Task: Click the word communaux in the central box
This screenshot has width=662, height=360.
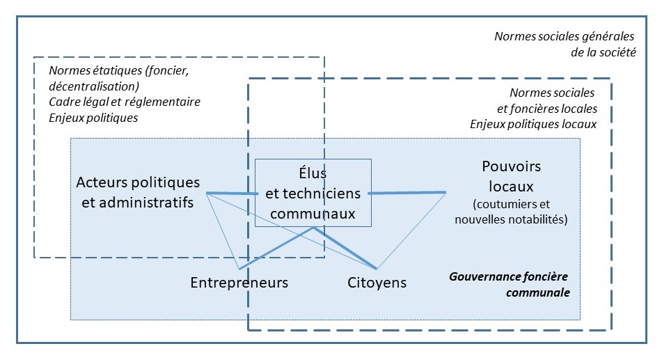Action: [313, 214]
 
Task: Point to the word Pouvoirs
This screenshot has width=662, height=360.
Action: [511, 167]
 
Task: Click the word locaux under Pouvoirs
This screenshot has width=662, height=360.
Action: [511, 187]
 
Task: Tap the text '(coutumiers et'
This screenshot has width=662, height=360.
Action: [511, 205]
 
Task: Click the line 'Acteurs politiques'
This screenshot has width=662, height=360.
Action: [138, 182]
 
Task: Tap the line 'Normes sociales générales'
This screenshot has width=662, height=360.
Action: [565, 37]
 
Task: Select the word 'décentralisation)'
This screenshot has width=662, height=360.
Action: [94, 86]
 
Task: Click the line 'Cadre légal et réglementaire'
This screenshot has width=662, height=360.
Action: [125, 102]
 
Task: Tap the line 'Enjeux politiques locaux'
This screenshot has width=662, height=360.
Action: [533, 124]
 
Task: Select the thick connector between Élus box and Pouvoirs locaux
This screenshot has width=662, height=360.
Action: [407, 192]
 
